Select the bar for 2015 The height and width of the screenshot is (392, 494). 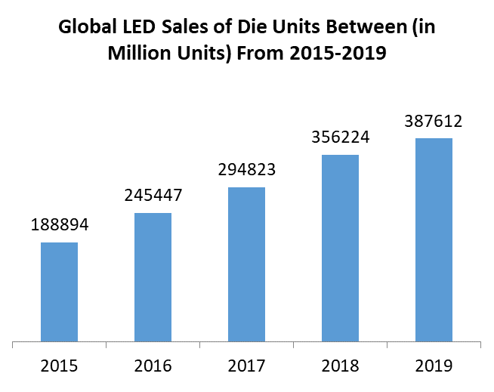(x=59, y=292)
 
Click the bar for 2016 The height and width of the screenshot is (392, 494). (x=153, y=276)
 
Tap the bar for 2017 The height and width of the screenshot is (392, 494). (x=246, y=264)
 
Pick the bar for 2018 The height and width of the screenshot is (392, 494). (x=340, y=248)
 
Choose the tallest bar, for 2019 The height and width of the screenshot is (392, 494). (x=434, y=239)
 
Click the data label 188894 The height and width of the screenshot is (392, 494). (x=59, y=226)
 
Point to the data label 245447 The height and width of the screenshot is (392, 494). (x=153, y=196)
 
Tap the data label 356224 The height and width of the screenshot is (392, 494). (x=340, y=138)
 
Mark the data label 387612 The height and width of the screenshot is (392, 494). (x=434, y=122)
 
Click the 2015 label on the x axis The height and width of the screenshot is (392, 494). (x=59, y=366)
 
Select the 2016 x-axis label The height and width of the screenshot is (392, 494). (x=153, y=366)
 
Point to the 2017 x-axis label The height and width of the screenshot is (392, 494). (x=246, y=366)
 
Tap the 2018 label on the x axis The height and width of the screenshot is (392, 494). (x=340, y=366)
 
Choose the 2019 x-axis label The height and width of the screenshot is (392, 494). (x=434, y=366)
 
